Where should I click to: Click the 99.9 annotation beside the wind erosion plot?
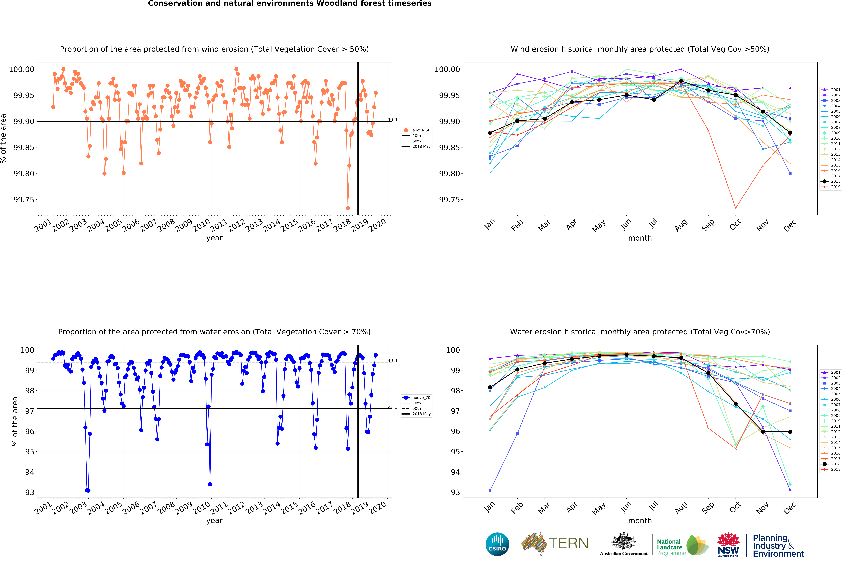tap(392, 120)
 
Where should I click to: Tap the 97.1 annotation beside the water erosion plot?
tap(392, 407)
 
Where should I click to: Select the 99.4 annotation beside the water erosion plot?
tap(392, 361)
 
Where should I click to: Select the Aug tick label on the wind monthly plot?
tap(681, 226)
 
